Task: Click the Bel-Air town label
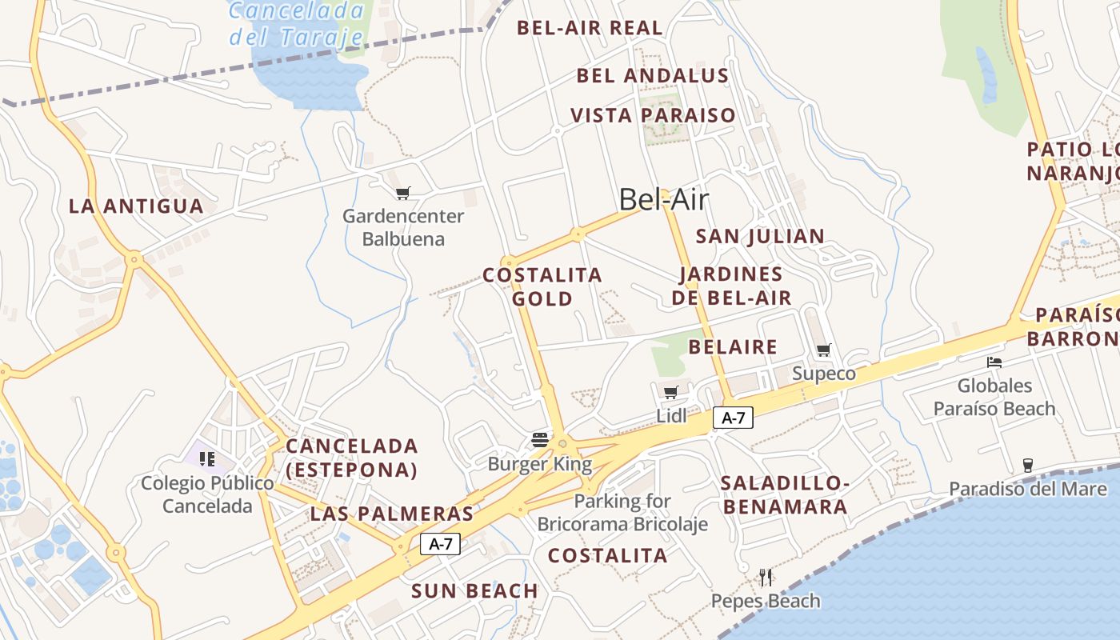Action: (x=664, y=199)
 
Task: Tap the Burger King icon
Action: (x=540, y=439)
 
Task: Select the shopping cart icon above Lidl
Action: (x=671, y=392)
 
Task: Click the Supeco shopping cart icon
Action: (x=823, y=350)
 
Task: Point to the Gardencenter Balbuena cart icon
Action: (x=403, y=193)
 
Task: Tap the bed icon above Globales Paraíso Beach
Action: (x=994, y=362)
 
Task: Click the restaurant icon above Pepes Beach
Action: (x=766, y=577)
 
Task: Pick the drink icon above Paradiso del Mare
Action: (x=1028, y=465)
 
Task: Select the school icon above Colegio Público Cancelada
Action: (x=207, y=459)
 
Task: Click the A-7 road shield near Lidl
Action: (x=734, y=417)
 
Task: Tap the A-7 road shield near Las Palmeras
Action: (x=441, y=544)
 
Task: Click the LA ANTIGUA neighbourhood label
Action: (x=136, y=206)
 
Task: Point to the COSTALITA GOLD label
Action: (x=542, y=286)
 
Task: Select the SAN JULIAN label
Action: (x=760, y=237)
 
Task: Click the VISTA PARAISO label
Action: (x=653, y=115)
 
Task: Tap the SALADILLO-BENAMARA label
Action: (x=784, y=494)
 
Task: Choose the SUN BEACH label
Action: (x=474, y=591)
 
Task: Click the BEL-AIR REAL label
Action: (x=590, y=28)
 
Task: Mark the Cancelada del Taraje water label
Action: (x=297, y=23)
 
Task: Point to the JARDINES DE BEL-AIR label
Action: (x=731, y=286)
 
